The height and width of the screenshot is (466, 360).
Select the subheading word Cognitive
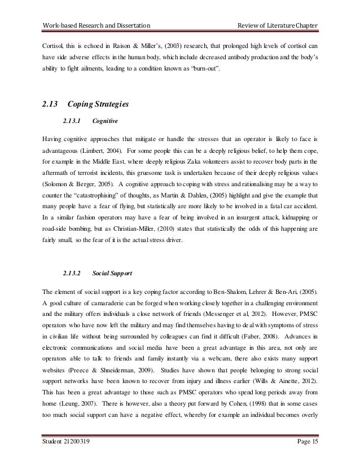tap(104, 120)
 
